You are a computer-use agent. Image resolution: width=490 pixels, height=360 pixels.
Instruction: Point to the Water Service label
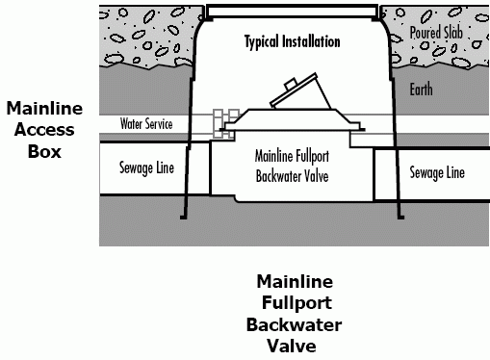coord(146,125)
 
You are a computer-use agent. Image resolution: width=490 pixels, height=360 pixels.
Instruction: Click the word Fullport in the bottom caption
coord(295,303)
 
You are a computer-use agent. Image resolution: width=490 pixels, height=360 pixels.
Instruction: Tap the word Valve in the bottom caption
coord(295,346)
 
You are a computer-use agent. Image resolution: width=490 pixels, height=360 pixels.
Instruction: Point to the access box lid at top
coord(293,12)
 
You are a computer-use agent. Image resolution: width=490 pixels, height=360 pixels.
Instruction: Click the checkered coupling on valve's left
coord(226,118)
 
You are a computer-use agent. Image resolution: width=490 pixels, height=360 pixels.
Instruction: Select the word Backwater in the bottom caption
coord(295,324)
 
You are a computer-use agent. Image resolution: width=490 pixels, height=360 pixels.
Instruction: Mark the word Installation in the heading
coord(310,42)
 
